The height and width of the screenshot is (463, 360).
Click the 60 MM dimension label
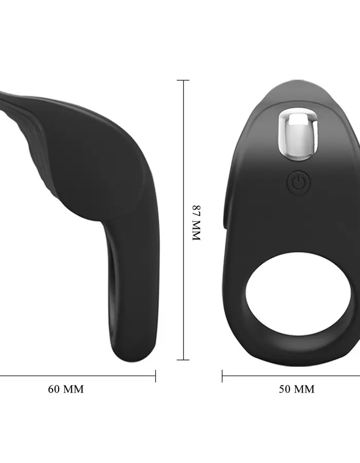(x=66, y=389)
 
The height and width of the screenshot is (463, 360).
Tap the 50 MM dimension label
(x=297, y=389)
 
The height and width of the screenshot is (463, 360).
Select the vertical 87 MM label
(x=196, y=223)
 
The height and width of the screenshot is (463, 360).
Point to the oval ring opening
(x=298, y=294)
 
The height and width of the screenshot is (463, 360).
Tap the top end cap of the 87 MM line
(x=183, y=80)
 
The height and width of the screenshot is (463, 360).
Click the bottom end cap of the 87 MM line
(x=183, y=360)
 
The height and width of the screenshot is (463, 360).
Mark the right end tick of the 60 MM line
(x=155, y=376)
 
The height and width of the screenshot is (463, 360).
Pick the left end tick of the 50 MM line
(x=222, y=376)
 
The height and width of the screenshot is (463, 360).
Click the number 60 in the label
(x=53, y=389)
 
